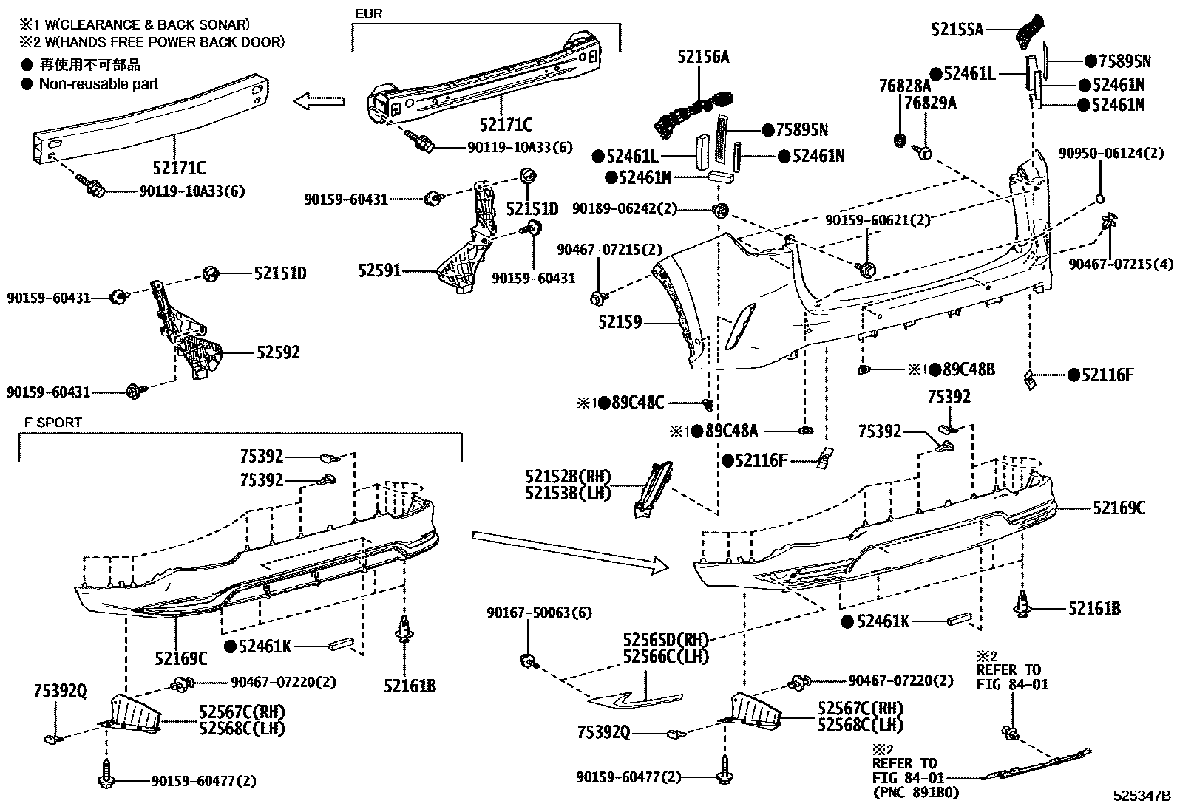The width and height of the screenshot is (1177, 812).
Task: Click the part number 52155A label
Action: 957,29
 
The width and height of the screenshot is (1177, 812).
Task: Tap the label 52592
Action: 278,352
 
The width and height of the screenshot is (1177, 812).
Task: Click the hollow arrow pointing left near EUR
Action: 319,101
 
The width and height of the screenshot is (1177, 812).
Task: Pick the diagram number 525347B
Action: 1143,796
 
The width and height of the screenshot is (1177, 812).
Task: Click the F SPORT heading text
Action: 52,423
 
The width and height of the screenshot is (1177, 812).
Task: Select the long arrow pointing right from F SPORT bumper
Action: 569,550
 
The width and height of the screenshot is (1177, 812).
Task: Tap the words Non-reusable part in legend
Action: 99,84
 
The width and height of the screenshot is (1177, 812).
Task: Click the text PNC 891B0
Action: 916,792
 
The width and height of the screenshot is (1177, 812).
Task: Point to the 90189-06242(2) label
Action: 625,209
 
